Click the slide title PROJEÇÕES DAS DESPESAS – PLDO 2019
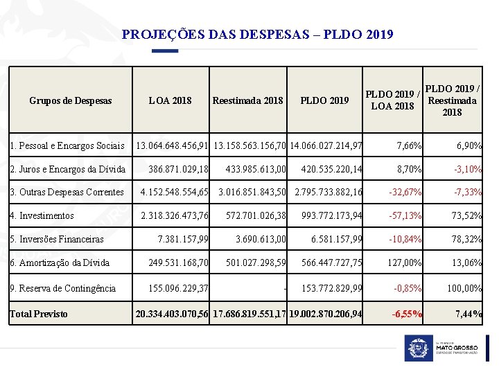coord(257,34)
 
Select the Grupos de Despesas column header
coord(70,100)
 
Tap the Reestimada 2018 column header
coord(247,100)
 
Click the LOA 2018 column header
coord(170,100)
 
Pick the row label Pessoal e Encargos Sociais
coord(67,146)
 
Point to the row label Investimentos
coord(42,215)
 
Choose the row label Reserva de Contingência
coord(62,288)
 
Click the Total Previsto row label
coord(39,314)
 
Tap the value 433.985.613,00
coord(256,169)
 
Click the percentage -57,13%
coord(405,215)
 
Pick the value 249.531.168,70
coord(179,262)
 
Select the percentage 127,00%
coord(403,262)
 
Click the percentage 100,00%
coord(464,288)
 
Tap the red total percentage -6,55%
coord(406,314)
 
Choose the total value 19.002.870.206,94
coord(326,314)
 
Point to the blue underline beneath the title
coord(165,51)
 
